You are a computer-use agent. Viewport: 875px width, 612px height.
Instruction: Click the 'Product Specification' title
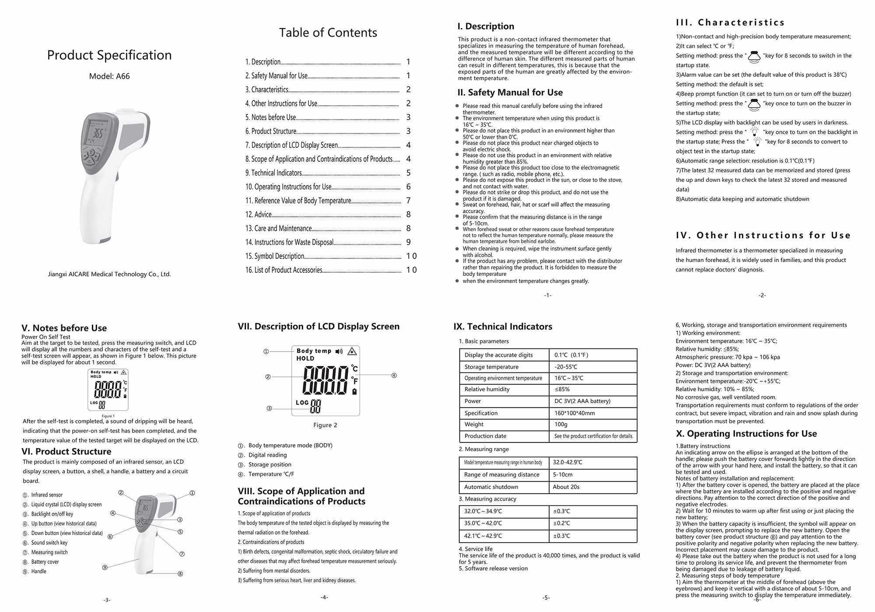click(109, 55)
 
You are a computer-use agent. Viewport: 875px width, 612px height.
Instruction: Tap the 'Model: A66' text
click(109, 76)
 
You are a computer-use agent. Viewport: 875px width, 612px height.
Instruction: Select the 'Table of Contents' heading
click(328, 33)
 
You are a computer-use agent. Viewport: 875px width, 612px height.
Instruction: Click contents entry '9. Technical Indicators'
click(274, 173)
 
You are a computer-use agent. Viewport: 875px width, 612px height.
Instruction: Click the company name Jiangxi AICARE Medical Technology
click(109, 275)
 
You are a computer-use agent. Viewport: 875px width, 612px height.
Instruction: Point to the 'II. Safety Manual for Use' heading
click(510, 93)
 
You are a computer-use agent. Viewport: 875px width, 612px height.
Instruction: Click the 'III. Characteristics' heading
click(730, 23)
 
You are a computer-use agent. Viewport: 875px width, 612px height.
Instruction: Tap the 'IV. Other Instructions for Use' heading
click(763, 236)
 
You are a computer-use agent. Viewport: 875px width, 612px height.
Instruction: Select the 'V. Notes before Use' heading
click(64, 328)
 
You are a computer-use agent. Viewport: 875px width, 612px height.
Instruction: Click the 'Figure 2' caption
click(325, 425)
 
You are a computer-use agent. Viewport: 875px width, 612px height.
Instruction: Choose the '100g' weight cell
click(561, 424)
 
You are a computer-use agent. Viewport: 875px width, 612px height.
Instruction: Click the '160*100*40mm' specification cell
click(574, 413)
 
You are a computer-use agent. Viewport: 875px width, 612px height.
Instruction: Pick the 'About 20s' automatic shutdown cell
click(566, 487)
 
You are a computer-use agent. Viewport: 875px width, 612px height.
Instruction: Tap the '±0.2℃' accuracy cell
click(561, 523)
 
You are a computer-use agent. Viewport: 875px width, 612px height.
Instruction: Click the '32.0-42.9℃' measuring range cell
click(567, 462)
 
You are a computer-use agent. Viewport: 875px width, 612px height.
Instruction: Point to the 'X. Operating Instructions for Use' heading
click(746, 434)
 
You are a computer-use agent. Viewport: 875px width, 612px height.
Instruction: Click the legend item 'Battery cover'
click(45, 562)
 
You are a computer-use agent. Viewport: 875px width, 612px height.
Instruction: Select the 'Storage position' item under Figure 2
click(269, 465)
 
